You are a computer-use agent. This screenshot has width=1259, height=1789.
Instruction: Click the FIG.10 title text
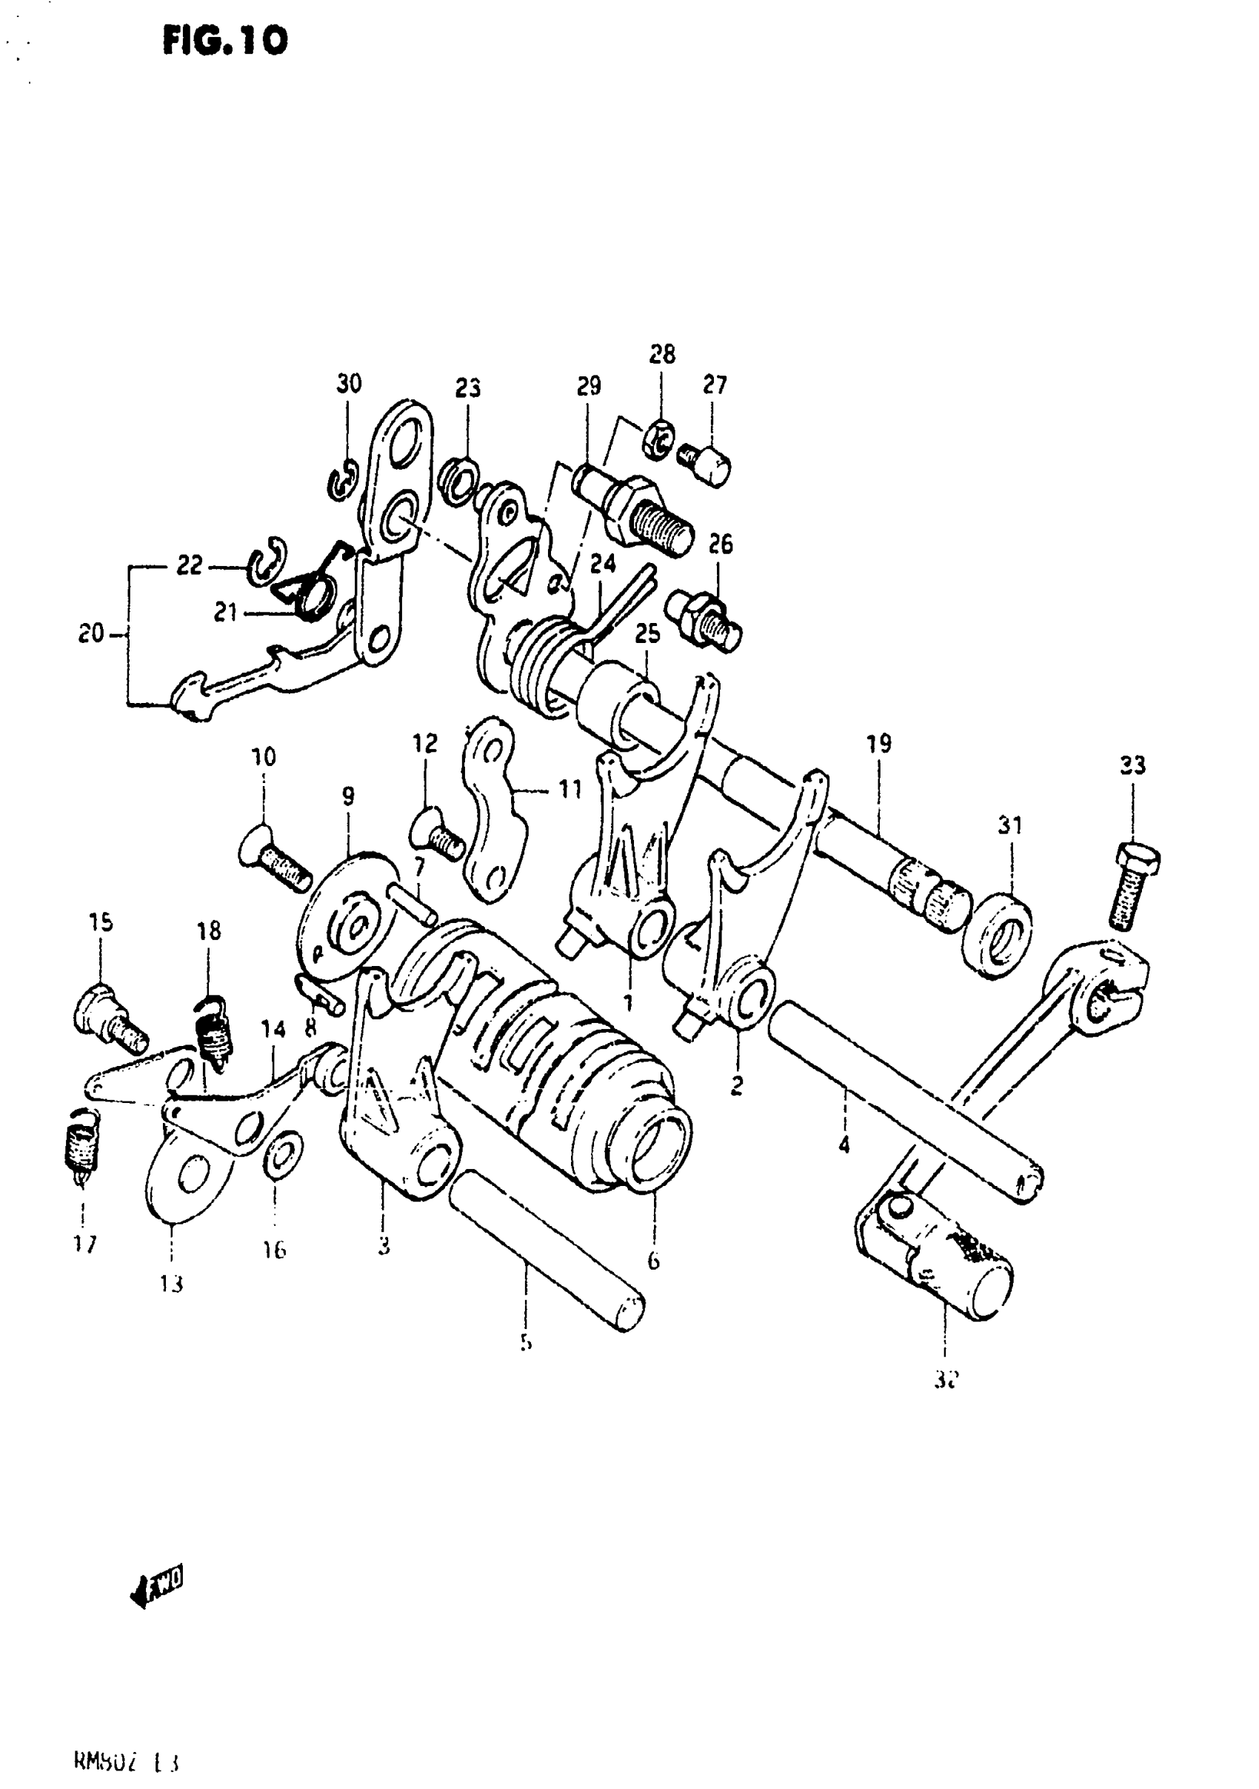point(224,41)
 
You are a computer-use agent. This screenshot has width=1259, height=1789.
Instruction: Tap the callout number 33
point(1132,765)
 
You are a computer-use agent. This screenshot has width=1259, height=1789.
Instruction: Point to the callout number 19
point(879,743)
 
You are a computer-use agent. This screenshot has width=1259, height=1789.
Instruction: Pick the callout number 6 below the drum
point(653,1260)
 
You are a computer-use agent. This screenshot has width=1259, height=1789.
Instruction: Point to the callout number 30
point(348,384)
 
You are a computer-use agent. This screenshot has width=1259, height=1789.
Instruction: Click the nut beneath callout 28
point(658,440)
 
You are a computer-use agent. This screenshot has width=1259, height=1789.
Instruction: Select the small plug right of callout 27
point(706,463)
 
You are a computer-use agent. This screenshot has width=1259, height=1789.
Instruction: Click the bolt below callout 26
point(704,618)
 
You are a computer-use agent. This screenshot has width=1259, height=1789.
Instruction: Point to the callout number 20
point(90,633)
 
